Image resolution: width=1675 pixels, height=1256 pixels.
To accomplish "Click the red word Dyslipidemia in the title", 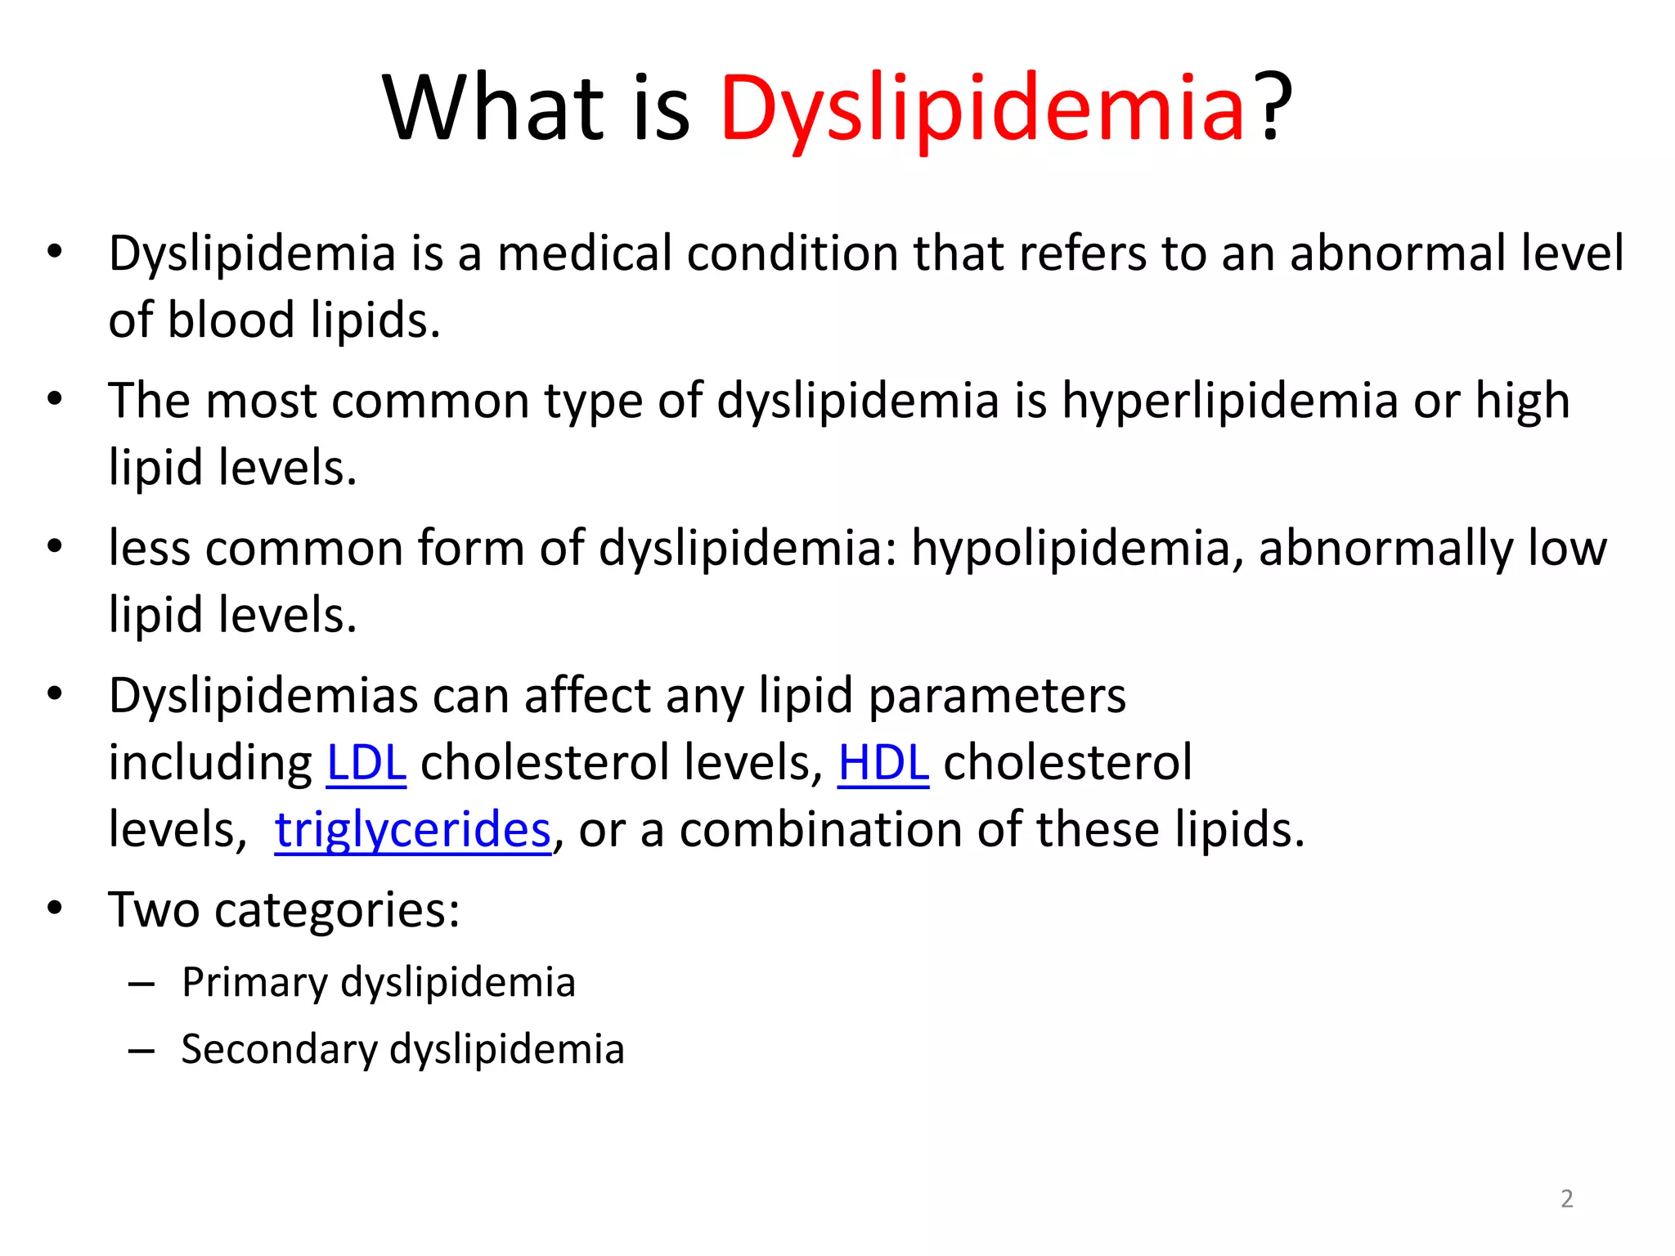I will point(981,108).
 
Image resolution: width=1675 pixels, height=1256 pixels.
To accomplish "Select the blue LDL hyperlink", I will point(366,763).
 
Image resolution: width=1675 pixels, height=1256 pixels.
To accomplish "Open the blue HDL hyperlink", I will point(883,763).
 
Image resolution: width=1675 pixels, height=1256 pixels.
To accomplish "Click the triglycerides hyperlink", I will point(412,830).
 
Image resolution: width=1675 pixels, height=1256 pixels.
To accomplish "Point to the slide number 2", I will point(1566,1199).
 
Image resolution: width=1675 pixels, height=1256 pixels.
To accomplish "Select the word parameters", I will point(997,697).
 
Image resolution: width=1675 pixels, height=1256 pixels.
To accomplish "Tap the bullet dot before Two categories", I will point(55,908).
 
